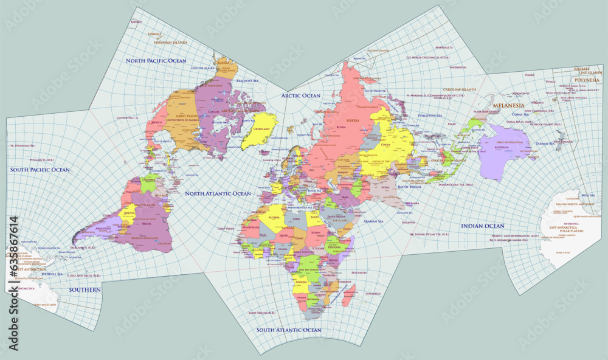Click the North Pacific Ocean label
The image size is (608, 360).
click(x=156, y=61)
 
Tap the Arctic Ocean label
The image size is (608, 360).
click(x=300, y=95)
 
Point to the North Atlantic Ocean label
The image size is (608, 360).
click(x=218, y=193)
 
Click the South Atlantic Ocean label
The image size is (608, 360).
click(x=288, y=330)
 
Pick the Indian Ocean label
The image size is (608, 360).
click(x=482, y=226)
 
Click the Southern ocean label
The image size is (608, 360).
click(x=85, y=289)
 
